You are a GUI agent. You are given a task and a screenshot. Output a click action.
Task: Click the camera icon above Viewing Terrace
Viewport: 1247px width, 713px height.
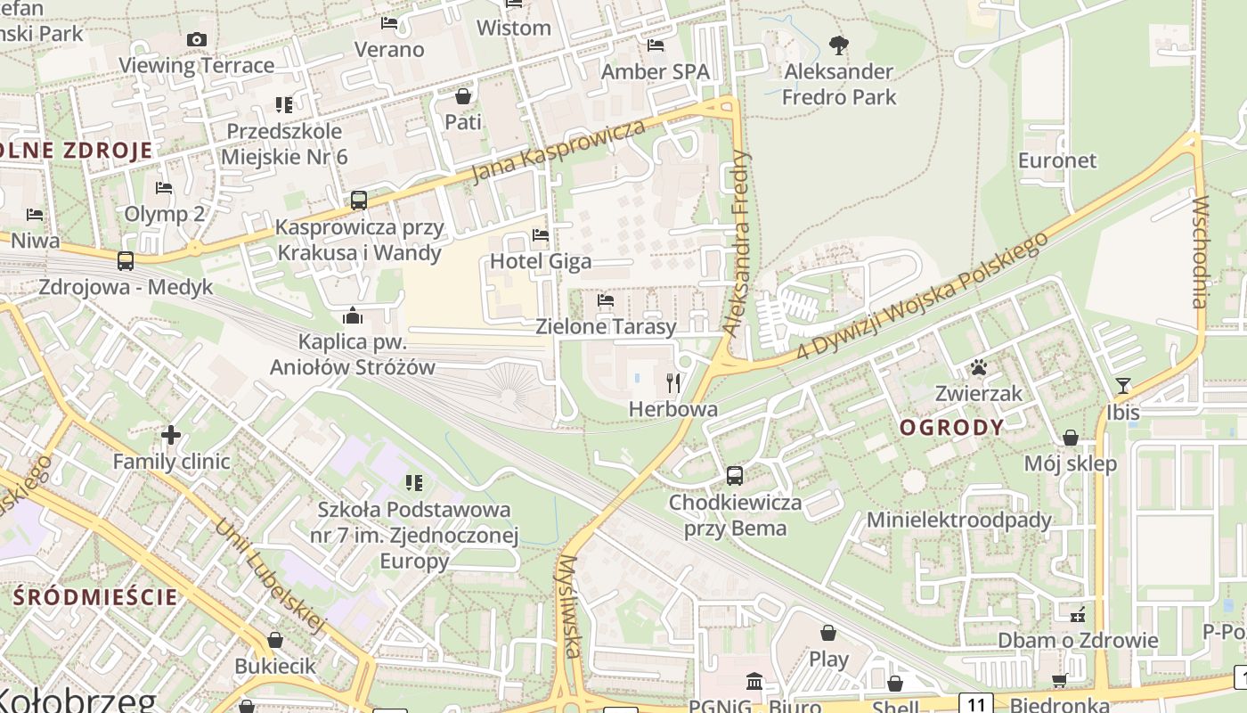pyautogui.click(x=197, y=39)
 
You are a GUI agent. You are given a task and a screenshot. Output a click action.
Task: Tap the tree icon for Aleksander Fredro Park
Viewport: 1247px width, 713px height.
pyautogui.click(x=838, y=45)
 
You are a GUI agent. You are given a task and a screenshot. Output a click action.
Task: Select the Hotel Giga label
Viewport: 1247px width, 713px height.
pyautogui.click(x=541, y=261)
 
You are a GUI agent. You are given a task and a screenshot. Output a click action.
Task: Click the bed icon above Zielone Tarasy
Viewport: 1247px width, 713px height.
pyautogui.click(x=606, y=300)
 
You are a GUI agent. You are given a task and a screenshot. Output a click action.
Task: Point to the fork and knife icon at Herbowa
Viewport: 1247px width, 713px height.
pyautogui.click(x=673, y=383)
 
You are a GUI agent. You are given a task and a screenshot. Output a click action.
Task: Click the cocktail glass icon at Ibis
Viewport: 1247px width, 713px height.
pyautogui.click(x=1122, y=386)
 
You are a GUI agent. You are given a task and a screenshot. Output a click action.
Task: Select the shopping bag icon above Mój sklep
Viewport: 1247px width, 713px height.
pyautogui.click(x=1071, y=438)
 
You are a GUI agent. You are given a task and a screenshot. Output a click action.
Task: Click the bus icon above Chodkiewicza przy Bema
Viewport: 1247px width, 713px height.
pyautogui.click(x=735, y=476)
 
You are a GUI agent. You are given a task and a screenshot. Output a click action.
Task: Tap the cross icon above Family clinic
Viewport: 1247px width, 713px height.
pyautogui.click(x=171, y=435)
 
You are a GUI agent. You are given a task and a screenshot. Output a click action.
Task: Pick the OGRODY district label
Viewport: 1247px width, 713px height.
pyautogui.click(x=952, y=427)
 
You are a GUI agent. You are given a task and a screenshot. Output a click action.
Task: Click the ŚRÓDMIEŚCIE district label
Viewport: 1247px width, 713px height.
pyautogui.click(x=96, y=596)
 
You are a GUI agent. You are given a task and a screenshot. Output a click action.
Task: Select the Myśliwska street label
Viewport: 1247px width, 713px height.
pyautogui.click(x=569, y=605)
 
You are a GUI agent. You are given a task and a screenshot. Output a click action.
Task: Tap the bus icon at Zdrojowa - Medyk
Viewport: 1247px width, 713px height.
pyautogui.click(x=126, y=261)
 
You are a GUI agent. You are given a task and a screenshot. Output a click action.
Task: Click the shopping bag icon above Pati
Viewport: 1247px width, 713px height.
pyautogui.click(x=463, y=95)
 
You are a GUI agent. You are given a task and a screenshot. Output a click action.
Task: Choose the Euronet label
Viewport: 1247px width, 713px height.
pyautogui.click(x=1057, y=160)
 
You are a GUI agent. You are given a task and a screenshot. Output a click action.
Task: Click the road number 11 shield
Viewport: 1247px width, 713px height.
pyautogui.click(x=975, y=703)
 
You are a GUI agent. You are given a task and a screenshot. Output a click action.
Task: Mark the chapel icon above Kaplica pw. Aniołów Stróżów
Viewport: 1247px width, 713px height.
pyautogui.click(x=353, y=316)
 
